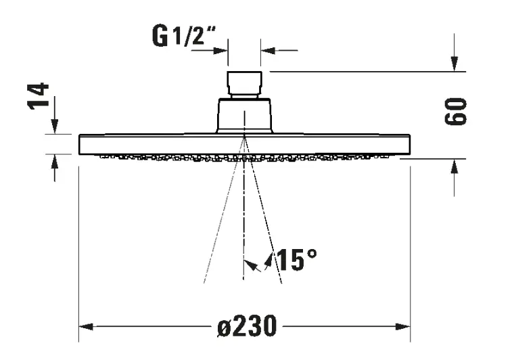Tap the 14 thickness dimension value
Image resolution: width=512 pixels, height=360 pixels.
coord(38,96)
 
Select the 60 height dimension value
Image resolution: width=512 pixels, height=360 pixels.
coord(455,112)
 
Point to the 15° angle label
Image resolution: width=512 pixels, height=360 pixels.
coord(296,260)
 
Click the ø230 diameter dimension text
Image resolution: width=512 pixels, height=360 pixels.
coord(247,326)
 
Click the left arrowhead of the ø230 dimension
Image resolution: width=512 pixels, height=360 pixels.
coord(86,326)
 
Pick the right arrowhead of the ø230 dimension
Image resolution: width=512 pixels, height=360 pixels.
coord(402,326)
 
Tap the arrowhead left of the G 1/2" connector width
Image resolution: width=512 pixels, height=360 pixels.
coord(220,51)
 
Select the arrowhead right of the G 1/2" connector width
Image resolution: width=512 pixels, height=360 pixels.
coord(268,51)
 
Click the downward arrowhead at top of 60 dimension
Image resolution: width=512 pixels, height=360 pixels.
coord(455,64)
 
